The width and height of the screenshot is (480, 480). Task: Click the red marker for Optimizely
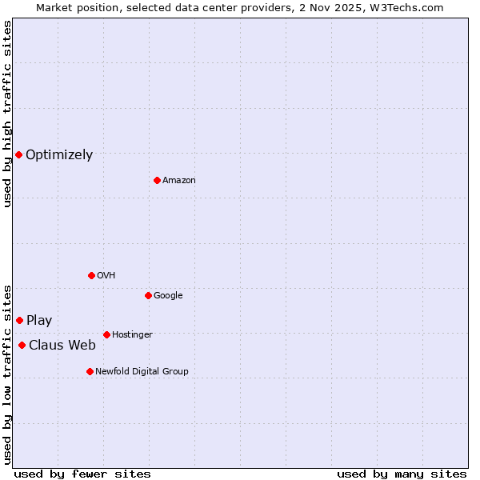point(18,154)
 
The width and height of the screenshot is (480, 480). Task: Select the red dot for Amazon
point(157,180)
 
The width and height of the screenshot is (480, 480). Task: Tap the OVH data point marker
point(91,275)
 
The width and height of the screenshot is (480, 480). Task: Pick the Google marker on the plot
point(148,295)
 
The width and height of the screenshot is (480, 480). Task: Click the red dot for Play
point(19,320)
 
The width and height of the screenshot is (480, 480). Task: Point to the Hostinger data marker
point(106,334)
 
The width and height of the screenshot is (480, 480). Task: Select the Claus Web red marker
point(22,345)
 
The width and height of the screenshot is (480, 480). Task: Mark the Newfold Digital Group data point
point(90,371)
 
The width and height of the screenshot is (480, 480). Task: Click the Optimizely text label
point(59,155)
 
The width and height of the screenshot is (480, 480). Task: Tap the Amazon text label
point(179,181)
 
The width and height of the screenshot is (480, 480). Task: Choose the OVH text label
point(106,276)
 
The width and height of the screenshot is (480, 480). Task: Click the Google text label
point(168,296)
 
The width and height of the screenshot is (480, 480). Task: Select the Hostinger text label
point(132,335)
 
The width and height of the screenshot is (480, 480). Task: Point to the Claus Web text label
point(62,346)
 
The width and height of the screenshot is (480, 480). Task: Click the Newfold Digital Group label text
point(142,372)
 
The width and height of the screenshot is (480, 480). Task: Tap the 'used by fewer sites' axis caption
point(82,474)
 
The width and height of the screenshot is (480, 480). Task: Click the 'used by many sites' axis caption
point(402,474)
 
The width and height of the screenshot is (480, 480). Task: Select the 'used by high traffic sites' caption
point(7,114)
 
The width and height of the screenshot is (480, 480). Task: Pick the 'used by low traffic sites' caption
point(7,374)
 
